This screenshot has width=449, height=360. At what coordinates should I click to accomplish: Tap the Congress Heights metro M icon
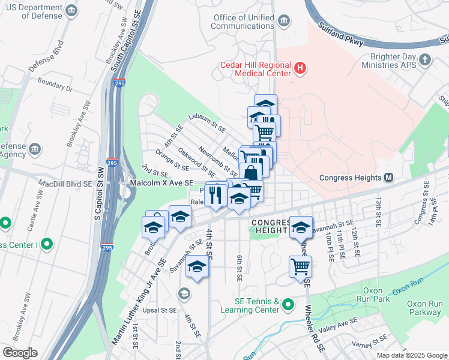[388, 178]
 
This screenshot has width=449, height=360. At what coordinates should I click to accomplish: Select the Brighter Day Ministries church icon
[425, 59]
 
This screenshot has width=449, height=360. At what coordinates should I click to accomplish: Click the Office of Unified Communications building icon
[285, 21]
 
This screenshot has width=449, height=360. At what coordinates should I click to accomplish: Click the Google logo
[19, 353]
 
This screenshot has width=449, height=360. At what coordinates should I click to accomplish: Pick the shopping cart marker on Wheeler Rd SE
[300, 266]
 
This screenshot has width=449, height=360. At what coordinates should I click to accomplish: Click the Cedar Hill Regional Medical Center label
[255, 69]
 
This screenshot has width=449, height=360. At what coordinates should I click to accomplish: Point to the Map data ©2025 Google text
[412, 355]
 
